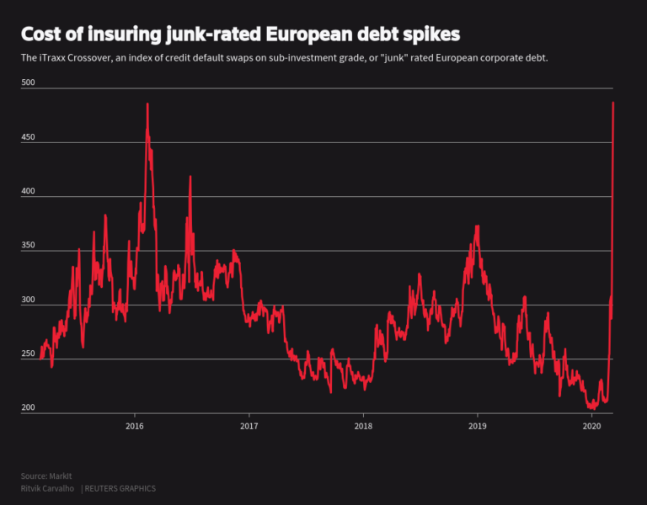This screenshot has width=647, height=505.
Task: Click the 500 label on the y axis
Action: click(29, 82)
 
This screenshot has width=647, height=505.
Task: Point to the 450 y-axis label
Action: click(29, 136)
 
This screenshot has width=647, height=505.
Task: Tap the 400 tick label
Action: click(29, 191)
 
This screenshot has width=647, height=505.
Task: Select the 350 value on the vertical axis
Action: click(29, 245)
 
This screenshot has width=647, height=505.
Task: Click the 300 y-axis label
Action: click(29, 300)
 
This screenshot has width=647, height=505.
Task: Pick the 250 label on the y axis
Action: click(29, 353)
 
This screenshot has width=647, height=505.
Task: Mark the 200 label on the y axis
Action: click(29, 408)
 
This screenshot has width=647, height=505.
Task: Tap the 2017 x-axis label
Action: click(249, 427)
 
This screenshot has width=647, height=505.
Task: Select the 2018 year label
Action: click(363, 427)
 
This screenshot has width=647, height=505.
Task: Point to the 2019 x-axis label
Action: click(478, 427)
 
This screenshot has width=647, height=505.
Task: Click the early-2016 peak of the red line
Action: click(147, 104)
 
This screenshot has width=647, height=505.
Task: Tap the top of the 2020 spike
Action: click(612, 103)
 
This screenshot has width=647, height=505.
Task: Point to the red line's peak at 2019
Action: click(478, 226)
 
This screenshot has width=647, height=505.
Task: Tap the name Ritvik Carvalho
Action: click(47, 488)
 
